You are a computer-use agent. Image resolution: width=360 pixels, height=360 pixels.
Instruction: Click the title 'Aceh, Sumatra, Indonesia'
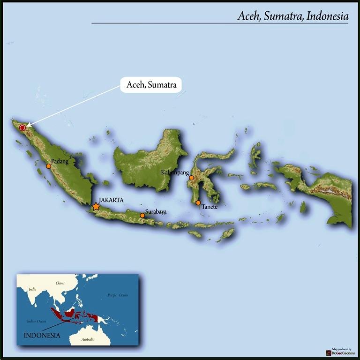(292, 16)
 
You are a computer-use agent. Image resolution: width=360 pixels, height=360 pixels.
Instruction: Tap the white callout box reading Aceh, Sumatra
(151, 85)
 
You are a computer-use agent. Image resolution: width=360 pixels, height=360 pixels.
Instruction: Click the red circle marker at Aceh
(22, 127)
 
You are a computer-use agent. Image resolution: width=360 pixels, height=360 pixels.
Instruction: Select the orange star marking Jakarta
(96, 206)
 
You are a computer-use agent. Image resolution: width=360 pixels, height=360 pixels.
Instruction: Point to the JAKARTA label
(111, 200)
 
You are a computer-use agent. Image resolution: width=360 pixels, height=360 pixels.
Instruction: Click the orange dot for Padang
(48, 166)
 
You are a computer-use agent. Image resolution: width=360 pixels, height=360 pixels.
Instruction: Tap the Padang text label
(60, 161)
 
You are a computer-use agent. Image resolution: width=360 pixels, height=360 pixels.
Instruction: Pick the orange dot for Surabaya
(142, 216)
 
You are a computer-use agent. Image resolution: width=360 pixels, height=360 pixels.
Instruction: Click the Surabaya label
(156, 212)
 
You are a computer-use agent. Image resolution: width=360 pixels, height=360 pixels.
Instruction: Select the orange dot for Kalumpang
(191, 178)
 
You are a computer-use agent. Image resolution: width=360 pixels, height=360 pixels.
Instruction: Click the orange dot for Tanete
(198, 203)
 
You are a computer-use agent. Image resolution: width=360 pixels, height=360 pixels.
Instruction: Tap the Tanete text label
(210, 207)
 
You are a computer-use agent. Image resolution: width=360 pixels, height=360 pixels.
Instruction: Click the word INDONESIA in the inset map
(42, 335)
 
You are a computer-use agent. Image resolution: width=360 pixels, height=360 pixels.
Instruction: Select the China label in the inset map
(60, 283)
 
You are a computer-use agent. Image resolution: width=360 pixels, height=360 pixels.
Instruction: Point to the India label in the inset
(32, 289)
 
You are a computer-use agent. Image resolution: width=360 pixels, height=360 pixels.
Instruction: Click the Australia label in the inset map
(88, 339)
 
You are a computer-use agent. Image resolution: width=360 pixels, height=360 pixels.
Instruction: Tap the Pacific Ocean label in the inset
(117, 295)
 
